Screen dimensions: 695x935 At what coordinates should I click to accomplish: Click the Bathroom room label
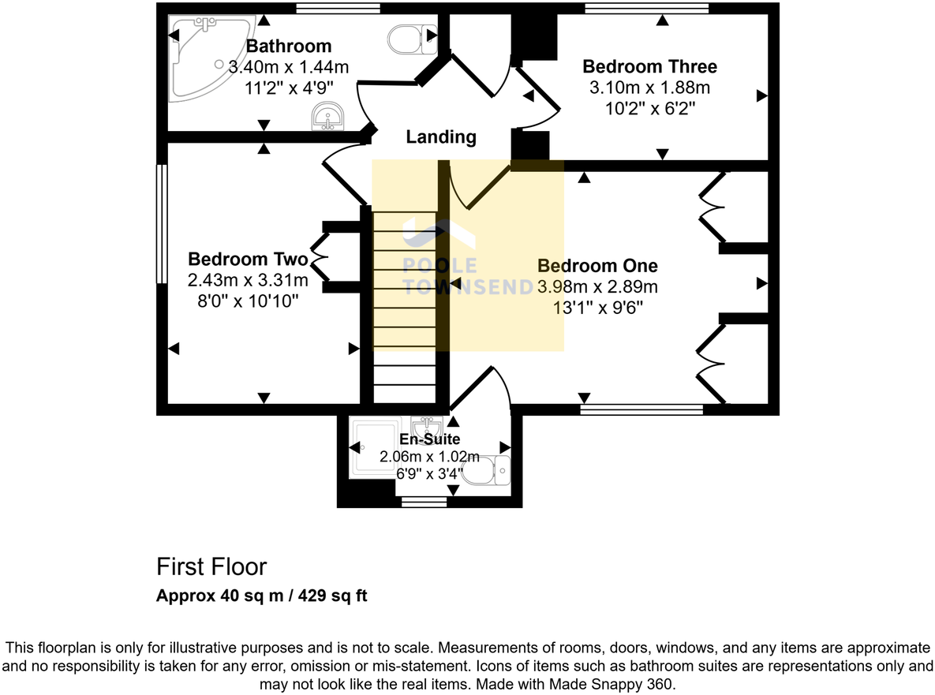(x=289, y=47)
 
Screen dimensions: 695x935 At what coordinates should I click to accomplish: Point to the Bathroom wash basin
(x=327, y=117)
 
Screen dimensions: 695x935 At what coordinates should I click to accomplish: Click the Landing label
(x=441, y=137)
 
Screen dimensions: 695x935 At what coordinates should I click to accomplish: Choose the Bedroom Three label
(x=649, y=66)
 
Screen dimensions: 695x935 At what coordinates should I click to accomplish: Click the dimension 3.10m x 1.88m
(x=649, y=87)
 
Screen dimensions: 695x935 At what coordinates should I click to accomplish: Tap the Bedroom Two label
(x=248, y=259)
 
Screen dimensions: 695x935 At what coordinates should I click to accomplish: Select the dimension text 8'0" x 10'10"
(x=248, y=300)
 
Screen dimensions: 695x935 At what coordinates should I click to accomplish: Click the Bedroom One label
(x=597, y=266)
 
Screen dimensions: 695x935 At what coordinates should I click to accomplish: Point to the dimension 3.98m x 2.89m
(x=597, y=286)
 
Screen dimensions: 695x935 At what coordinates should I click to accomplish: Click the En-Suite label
(x=429, y=439)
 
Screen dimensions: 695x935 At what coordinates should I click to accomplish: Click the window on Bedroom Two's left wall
(x=161, y=223)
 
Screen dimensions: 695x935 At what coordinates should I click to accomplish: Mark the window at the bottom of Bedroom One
(x=641, y=409)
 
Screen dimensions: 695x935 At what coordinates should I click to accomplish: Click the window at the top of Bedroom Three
(x=646, y=9)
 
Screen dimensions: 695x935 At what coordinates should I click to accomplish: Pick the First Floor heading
(x=211, y=566)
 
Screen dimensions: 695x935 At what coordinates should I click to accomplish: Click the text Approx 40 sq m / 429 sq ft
(x=262, y=596)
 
